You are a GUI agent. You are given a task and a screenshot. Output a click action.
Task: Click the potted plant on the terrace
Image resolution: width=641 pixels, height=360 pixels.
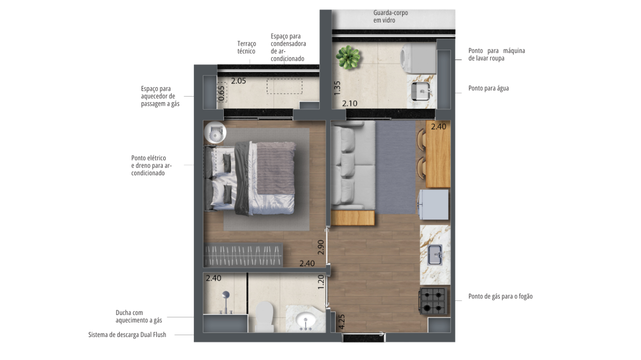[348, 57]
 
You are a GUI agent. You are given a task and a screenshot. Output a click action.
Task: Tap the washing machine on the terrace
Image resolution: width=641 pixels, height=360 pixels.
[418, 59]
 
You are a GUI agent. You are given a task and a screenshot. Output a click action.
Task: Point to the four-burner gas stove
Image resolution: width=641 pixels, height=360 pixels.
[433, 301]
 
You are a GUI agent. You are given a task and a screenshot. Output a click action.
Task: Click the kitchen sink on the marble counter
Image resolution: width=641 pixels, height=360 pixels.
[435, 255]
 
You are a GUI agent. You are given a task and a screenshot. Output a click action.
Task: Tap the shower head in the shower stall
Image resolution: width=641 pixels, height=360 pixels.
[226, 295]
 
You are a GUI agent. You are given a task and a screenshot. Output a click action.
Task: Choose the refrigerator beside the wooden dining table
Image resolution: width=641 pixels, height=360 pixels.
[434, 204]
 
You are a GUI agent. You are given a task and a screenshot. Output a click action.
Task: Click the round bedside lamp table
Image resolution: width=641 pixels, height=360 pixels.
[215, 133]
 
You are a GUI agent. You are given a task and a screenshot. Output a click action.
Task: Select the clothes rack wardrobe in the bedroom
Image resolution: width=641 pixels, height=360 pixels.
[243, 255]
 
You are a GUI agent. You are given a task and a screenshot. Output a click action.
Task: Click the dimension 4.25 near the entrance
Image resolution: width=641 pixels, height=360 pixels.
[342, 321]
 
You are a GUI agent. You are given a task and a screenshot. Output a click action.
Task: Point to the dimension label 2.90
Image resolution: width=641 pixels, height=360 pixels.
[321, 247]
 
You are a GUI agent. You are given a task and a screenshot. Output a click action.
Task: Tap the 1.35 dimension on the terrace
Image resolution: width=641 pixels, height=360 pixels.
[337, 88]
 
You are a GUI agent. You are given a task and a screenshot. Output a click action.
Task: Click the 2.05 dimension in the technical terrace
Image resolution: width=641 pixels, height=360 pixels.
[238, 81]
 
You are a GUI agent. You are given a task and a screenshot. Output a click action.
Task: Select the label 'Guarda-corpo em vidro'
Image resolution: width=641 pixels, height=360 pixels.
[391, 17]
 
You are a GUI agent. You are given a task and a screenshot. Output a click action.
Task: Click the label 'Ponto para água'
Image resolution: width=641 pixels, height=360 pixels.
[488, 88]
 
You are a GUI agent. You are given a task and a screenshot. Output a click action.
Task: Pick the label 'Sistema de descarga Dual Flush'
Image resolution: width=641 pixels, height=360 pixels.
[127, 334]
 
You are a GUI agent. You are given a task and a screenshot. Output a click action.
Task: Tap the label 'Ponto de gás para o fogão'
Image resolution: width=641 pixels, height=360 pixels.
[500, 296]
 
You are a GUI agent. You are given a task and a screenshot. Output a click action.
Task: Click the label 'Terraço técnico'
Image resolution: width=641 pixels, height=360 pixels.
[247, 47]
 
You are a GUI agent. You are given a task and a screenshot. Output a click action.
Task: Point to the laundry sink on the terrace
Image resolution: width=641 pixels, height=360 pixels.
[421, 91]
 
